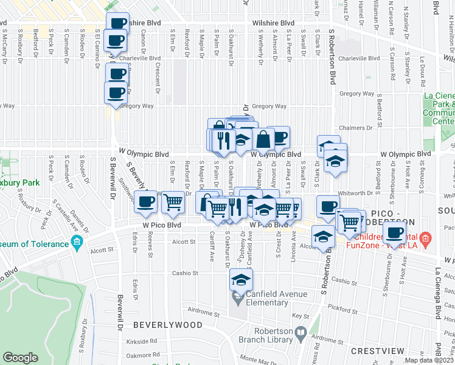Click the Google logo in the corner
pos(21,358)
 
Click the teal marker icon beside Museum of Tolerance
pos(77,244)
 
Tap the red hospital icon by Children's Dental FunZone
pos(425,237)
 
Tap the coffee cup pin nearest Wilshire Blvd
pos(118,24)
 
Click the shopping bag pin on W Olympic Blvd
pos(263,139)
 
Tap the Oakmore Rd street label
pos(144,355)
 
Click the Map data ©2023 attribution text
pos(428,360)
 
